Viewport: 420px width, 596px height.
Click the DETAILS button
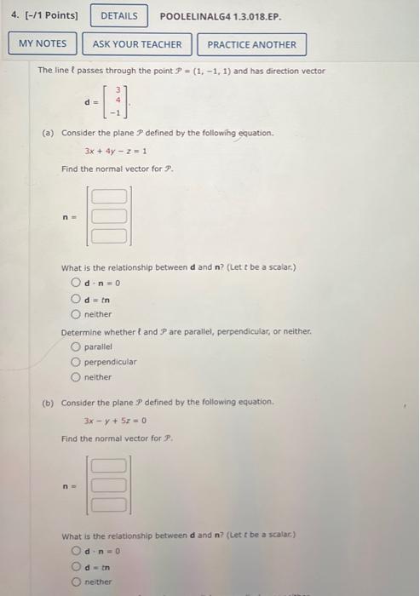pos(118,16)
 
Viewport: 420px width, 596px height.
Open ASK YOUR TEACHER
pos(137,44)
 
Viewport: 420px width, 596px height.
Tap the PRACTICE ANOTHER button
pos(251,44)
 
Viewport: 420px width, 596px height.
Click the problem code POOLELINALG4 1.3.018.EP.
pos(221,16)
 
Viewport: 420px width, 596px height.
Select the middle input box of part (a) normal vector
pos(109,216)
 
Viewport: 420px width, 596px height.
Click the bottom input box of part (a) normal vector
pos(109,235)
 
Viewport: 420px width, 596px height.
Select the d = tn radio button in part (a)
pos(77,298)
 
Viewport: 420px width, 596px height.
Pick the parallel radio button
pos(77,347)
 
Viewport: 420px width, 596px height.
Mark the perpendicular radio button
pos(77,362)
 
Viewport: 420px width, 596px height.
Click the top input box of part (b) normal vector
pos(109,466)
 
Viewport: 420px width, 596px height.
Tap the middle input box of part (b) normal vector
pos(109,484)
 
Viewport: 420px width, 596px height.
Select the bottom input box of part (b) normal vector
pos(109,503)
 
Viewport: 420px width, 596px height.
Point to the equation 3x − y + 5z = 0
pos(117,420)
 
